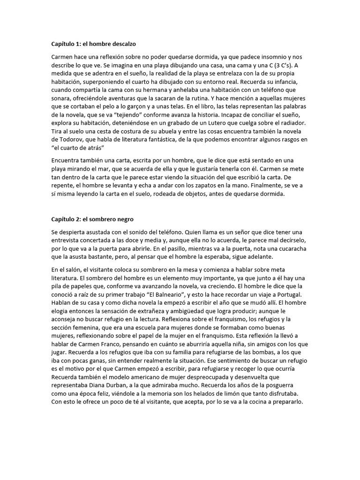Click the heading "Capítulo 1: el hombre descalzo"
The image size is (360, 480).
tap(93, 44)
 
